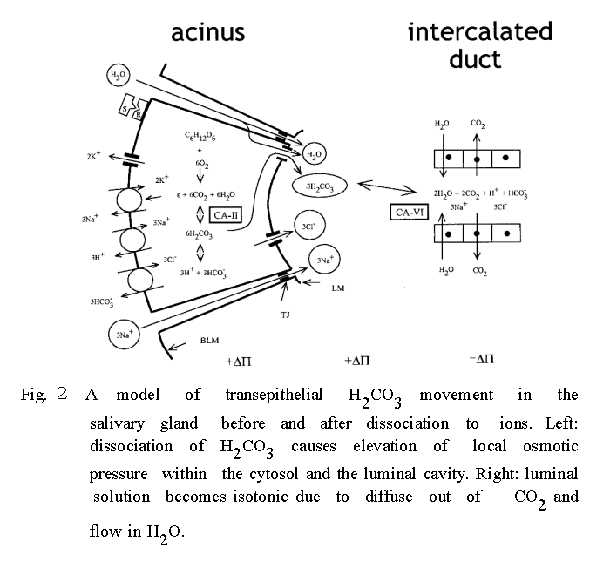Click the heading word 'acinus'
tap(207, 33)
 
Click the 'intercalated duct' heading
tap(480, 45)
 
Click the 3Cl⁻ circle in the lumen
tap(307, 226)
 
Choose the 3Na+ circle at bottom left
tap(122, 335)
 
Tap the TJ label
tap(285, 315)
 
